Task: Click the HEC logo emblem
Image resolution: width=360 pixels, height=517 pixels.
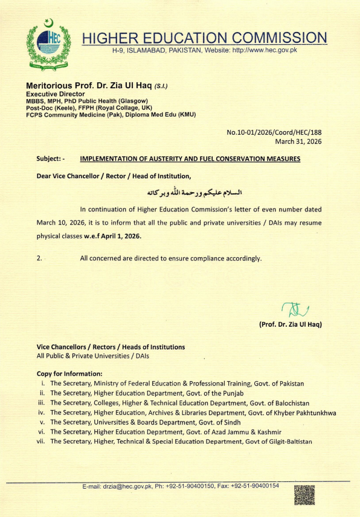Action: (49, 43)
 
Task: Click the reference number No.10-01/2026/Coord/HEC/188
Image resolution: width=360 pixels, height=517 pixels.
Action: (274, 132)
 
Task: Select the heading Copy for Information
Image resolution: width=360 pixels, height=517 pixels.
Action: (69, 374)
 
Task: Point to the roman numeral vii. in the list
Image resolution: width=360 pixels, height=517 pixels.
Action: (42, 442)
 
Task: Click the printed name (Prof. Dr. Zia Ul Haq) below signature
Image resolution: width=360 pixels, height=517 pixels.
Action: (291, 324)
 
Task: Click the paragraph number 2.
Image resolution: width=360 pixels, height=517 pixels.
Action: (39, 258)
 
